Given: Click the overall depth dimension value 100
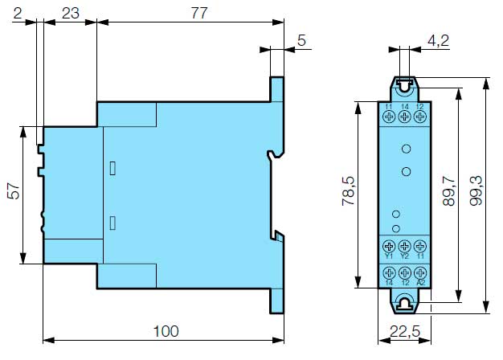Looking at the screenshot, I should point(166,331).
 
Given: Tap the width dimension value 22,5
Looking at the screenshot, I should point(404,331).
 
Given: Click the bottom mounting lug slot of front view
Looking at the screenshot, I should point(405,301).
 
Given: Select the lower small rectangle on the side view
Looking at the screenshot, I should point(113,221).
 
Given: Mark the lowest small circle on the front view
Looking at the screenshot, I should point(395,227).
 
